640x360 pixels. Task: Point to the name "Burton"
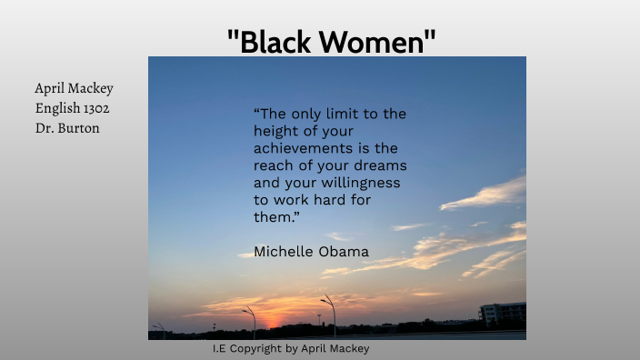(79, 128)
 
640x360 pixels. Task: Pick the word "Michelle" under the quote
(283, 251)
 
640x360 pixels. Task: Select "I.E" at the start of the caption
(219, 348)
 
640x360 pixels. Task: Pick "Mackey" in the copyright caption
(348, 348)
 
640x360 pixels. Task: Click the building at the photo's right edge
(502, 313)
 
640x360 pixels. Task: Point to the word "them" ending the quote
(272, 217)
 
